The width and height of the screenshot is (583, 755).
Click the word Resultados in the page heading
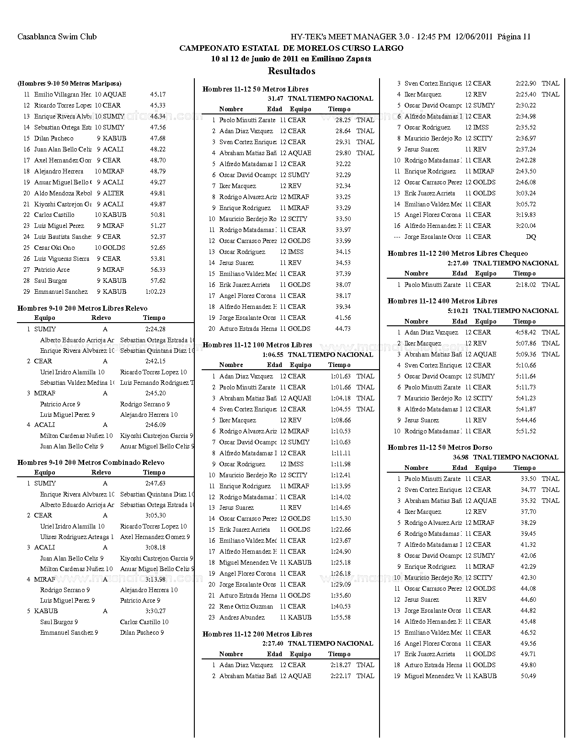click(291, 71)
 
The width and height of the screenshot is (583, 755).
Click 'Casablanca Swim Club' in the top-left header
click(57, 37)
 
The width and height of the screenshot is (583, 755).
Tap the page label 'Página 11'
click(514, 37)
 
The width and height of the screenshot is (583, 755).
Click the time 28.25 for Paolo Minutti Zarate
click(343, 120)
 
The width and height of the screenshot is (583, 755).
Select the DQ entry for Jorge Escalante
click(531, 237)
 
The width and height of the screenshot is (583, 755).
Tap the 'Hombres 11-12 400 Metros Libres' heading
click(442, 301)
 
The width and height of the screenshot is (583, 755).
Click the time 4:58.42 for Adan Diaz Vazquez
click(526, 332)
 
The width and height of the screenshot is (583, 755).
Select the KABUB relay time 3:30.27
click(155, 611)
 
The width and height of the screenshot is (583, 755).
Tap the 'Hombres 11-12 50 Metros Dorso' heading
click(440, 448)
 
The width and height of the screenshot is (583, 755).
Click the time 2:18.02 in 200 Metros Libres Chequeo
click(526, 285)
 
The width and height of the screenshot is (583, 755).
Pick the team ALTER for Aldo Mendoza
click(113, 193)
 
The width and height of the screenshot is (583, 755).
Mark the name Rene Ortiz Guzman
click(246, 606)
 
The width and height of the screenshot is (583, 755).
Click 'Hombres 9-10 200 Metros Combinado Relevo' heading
click(91, 463)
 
